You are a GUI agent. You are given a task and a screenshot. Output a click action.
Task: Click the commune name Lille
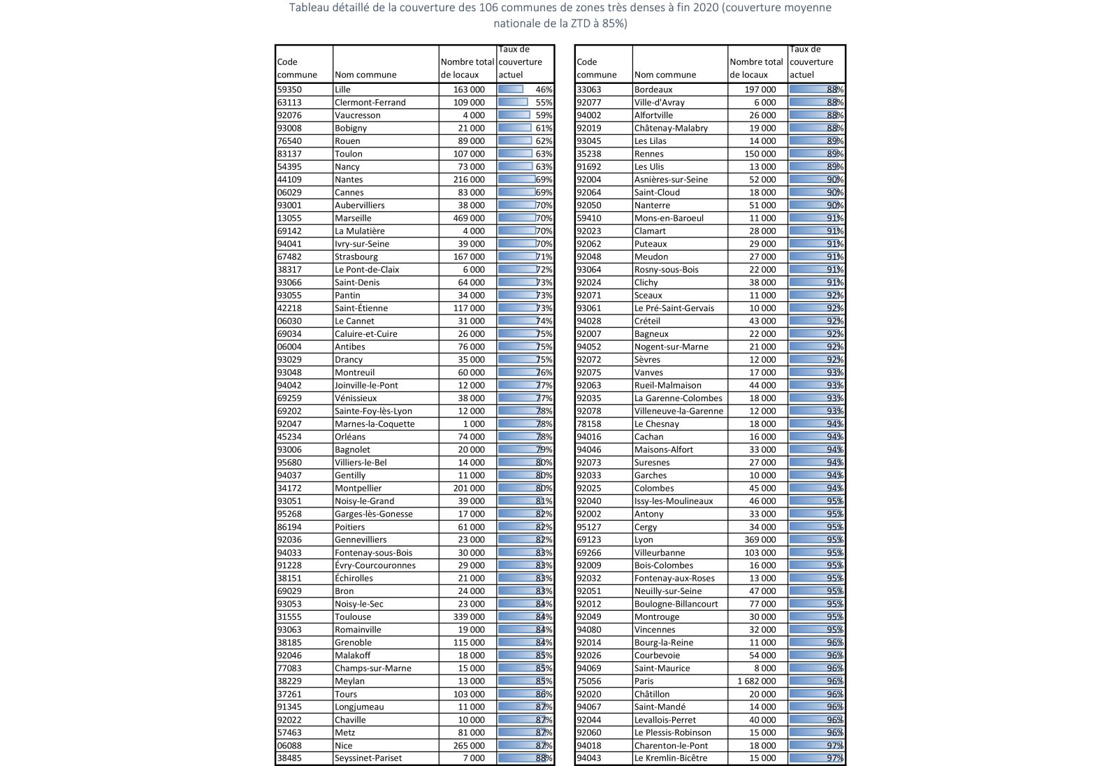(342, 89)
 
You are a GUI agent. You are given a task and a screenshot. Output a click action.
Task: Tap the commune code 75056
(588, 681)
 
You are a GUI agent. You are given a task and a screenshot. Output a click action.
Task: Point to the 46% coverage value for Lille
(544, 89)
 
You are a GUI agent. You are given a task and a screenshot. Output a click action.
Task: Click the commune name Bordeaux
(653, 89)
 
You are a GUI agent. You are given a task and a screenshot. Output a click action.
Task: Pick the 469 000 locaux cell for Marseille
(468, 218)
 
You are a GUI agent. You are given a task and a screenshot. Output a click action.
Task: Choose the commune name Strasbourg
(356, 256)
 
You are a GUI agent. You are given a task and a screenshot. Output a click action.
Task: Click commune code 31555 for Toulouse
(289, 616)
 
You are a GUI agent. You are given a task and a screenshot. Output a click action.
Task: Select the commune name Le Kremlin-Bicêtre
(670, 758)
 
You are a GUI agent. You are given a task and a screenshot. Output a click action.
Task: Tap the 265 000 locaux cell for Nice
(468, 745)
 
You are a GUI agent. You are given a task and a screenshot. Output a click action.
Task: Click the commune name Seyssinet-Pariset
(368, 758)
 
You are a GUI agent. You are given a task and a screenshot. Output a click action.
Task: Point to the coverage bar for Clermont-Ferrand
(514, 102)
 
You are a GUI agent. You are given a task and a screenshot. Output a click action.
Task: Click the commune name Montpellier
(358, 488)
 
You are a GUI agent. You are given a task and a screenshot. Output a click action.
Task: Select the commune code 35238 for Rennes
(588, 154)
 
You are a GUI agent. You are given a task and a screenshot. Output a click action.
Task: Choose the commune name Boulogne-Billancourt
(676, 604)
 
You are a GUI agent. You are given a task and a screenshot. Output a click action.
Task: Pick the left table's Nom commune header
(365, 75)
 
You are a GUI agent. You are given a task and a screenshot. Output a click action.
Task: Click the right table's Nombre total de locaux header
(756, 68)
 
